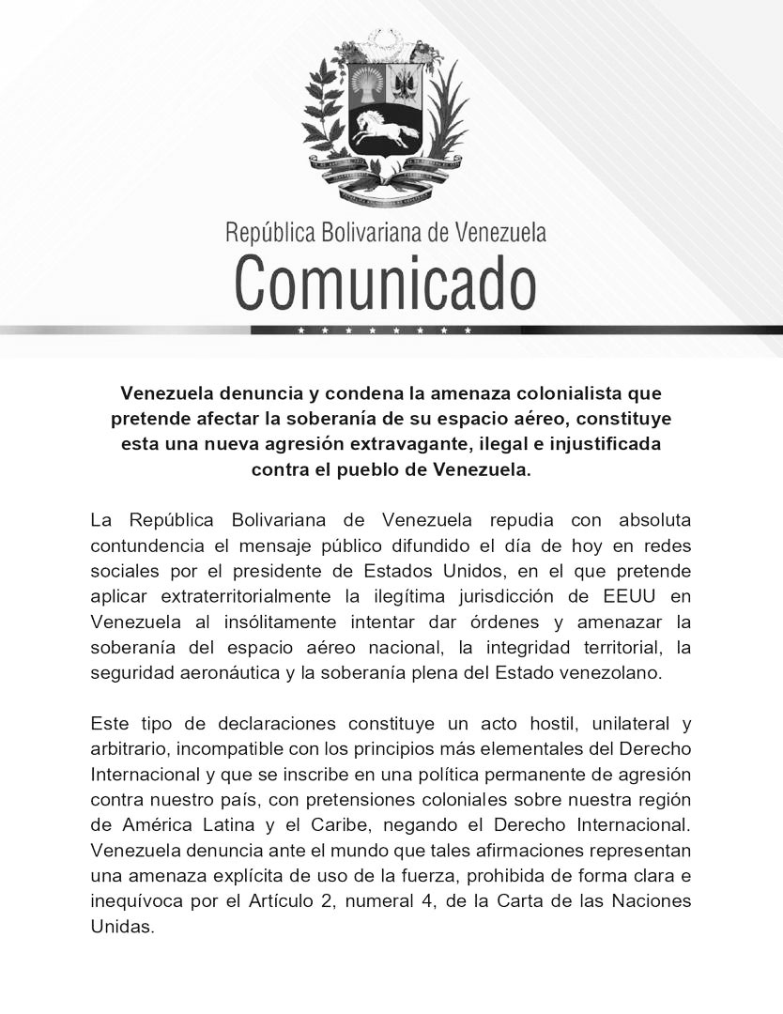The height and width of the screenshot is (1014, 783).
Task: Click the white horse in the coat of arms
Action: coord(384,128)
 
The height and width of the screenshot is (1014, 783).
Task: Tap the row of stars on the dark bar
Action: coord(384,330)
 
